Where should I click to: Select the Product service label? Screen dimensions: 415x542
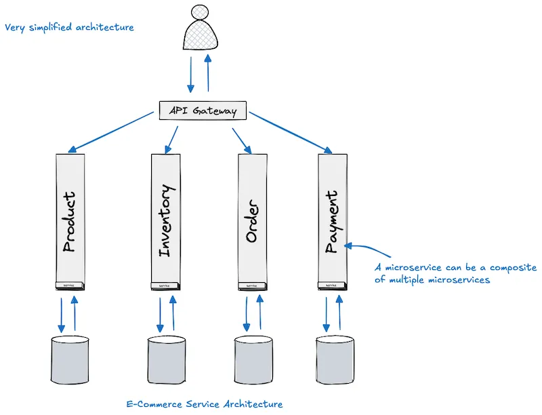point(68,222)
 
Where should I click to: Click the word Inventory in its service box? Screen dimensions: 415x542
point(167,221)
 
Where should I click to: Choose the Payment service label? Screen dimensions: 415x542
point(332,222)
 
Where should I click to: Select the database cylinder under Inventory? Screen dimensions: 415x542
point(167,357)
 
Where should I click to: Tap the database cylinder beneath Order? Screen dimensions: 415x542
point(254,357)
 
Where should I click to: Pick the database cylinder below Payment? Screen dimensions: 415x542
point(335,357)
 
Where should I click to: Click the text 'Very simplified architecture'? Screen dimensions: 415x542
point(69,28)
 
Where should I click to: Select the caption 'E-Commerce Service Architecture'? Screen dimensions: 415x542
point(205,404)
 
